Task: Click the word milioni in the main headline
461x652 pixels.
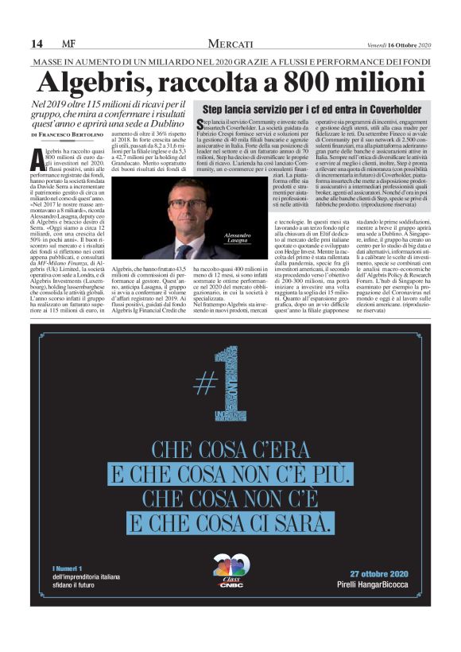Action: (374, 82)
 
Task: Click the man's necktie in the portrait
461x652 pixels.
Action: (185, 250)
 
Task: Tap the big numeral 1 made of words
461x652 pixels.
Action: (241, 381)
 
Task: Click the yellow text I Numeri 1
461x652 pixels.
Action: (68, 568)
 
